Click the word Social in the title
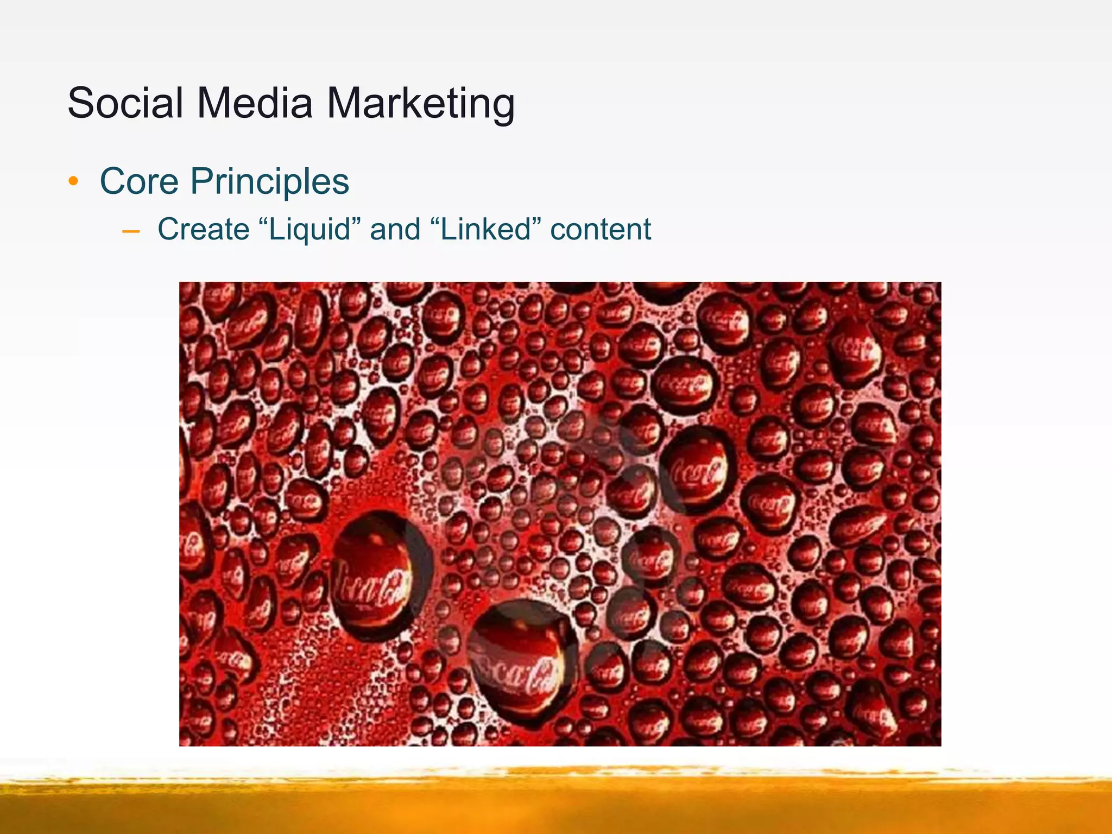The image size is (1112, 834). (125, 103)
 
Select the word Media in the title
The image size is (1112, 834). (255, 103)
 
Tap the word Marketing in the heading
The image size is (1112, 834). (420, 104)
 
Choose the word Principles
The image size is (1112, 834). (269, 182)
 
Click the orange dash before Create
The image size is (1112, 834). (131, 231)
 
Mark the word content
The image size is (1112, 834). (601, 229)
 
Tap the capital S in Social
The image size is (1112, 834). (81, 103)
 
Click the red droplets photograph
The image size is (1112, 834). (560, 514)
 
